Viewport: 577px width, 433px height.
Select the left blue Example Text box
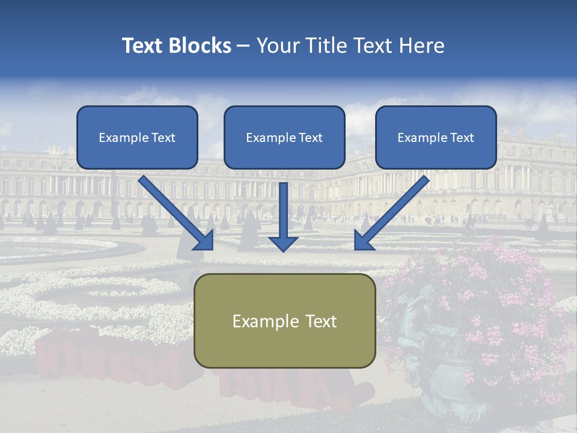coord(137,137)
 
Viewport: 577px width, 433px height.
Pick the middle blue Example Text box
coord(284,137)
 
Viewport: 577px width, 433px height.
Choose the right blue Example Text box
coord(436,137)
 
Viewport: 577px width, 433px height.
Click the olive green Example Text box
coord(284,321)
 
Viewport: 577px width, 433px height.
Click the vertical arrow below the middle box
coord(283,210)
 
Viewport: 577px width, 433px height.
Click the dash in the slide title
coord(243,46)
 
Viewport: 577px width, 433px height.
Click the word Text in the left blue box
coord(163,138)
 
